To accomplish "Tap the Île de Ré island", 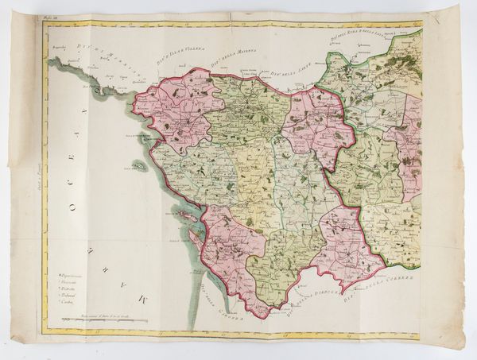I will (176, 215).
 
